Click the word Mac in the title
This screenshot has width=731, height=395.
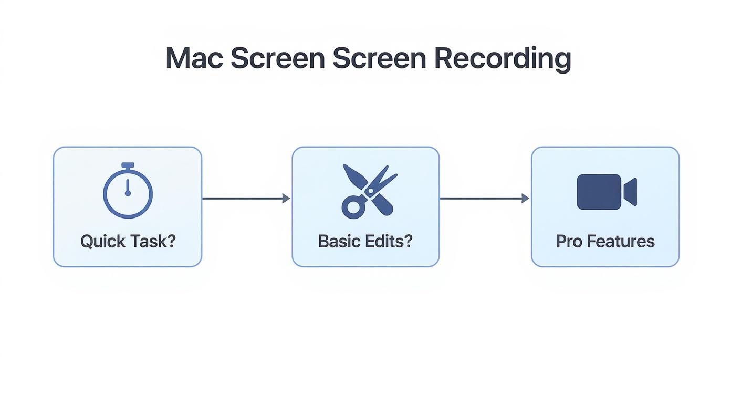click(194, 58)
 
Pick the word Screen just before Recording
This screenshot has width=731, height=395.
click(379, 58)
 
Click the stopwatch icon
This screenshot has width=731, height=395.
click(128, 191)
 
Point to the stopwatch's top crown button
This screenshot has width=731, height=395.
click(128, 166)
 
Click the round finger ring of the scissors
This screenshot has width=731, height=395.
click(351, 207)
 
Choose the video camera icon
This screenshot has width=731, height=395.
click(607, 192)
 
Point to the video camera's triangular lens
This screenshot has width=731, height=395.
click(631, 192)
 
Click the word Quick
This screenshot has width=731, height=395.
click(103, 242)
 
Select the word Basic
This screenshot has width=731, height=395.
click(340, 242)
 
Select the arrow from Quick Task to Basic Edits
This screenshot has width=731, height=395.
click(246, 199)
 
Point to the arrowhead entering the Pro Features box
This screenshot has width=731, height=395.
click(525, 199)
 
